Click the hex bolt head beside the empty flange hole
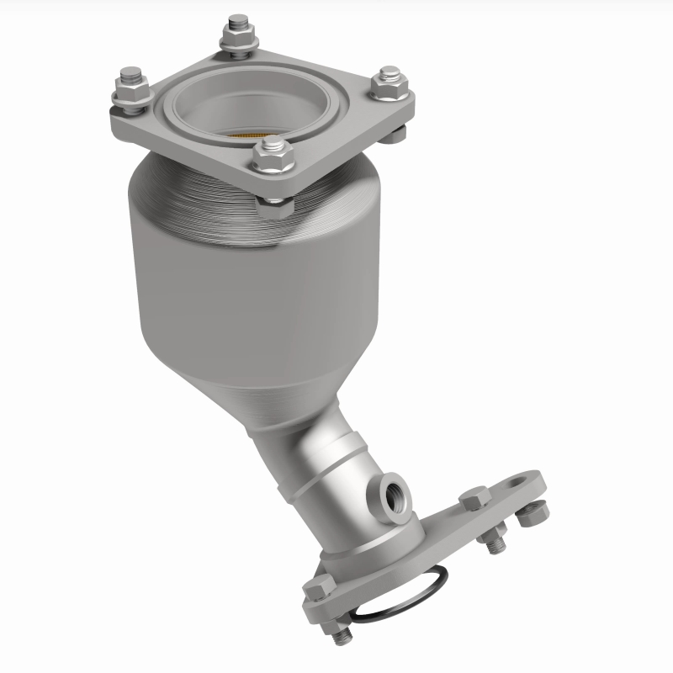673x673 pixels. pyautogui.click(x=474, y=498)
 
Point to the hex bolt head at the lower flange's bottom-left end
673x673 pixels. pyautogui.click(x=317, y=588)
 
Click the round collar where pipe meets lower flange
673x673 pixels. pyautogui.click(x=370, y=538)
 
